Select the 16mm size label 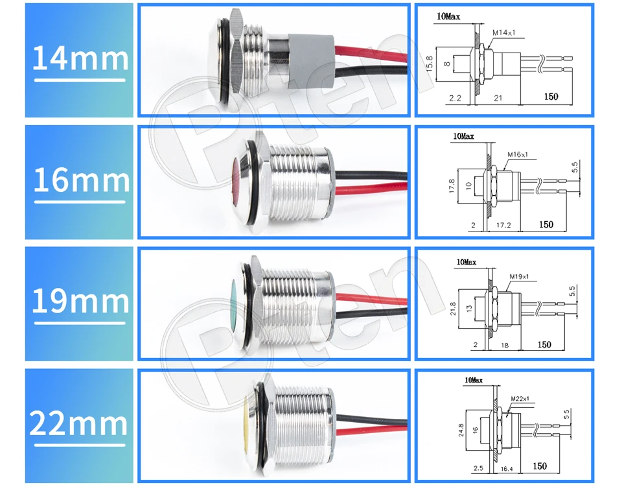point(80,181)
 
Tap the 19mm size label point(80,302)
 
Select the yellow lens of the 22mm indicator point(246,421)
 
